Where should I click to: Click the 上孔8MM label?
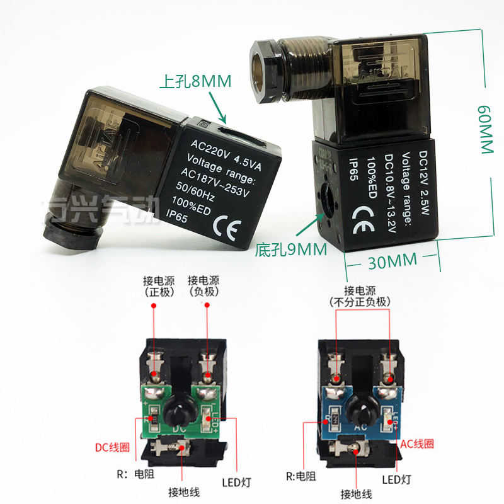click(195, 81)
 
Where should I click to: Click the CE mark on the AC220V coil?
click(226, 224)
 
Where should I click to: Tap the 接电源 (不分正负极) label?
click(361, 297)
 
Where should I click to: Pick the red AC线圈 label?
click(417, 443)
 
